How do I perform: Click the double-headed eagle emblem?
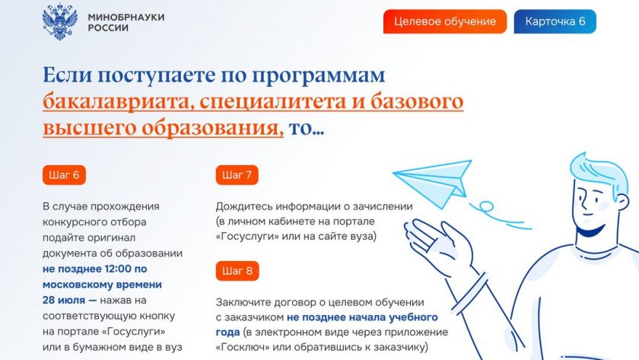[x=60, y=22]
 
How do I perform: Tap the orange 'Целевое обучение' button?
[x=445, y=21]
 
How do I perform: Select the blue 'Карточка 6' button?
[x=555, y=21]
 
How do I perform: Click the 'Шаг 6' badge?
[x=64, y=175]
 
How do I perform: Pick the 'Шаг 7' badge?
[x=237, y=175]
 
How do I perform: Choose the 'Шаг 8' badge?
[x=237, y=271]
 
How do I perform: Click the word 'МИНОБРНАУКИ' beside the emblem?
[x=126, y=17]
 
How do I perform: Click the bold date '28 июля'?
[x=64, y=301]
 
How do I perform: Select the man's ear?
[x=622, y=201]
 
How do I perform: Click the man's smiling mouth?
[x=591, y=232]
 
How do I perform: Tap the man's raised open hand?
[x=436, y=241]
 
